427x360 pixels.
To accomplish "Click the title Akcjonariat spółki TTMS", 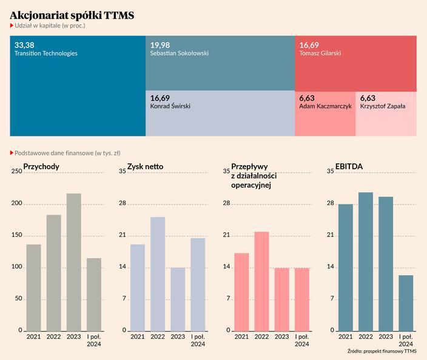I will pyautogui.click(x=72, y=15).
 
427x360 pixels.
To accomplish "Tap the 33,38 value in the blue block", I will pyautogui.click(x=24, y=45).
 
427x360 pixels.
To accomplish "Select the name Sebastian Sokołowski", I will pyautogui.click(x=179, y=53).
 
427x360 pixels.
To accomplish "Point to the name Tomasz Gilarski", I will pyautogui.click(x=320, y=53).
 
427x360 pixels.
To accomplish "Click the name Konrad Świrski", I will pyautogui.click(x=170, y=106).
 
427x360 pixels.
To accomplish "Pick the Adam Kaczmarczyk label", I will pyautogui.click(x=326, y=106).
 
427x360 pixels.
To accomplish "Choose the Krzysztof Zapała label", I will pyautogui.click(x=383, y=106).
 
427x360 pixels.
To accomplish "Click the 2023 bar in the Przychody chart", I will pyautogui.click(x=73, y=262).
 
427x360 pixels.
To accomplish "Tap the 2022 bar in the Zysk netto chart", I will pyautogui.click(x=158, y=274).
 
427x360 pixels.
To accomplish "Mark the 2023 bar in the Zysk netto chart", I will pyautogui.click(x=178, y=299).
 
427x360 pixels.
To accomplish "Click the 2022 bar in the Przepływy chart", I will pyautogui.click(x=261, y=281).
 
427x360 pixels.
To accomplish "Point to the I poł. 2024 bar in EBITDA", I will pyautogui.click(x=406, y=303).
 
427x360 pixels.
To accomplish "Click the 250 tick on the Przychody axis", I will pyautogui.click(x=16, y=172).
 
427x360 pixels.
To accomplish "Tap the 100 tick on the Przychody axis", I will pyautogui.click(x=16, y=267).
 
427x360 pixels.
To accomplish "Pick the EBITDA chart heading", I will pyautogui.click(x=349, y=166).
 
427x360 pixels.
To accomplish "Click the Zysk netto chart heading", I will pyautogui.click(x=145, y=166).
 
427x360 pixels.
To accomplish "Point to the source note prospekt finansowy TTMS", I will pyautogui.click(x=382, y=351).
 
